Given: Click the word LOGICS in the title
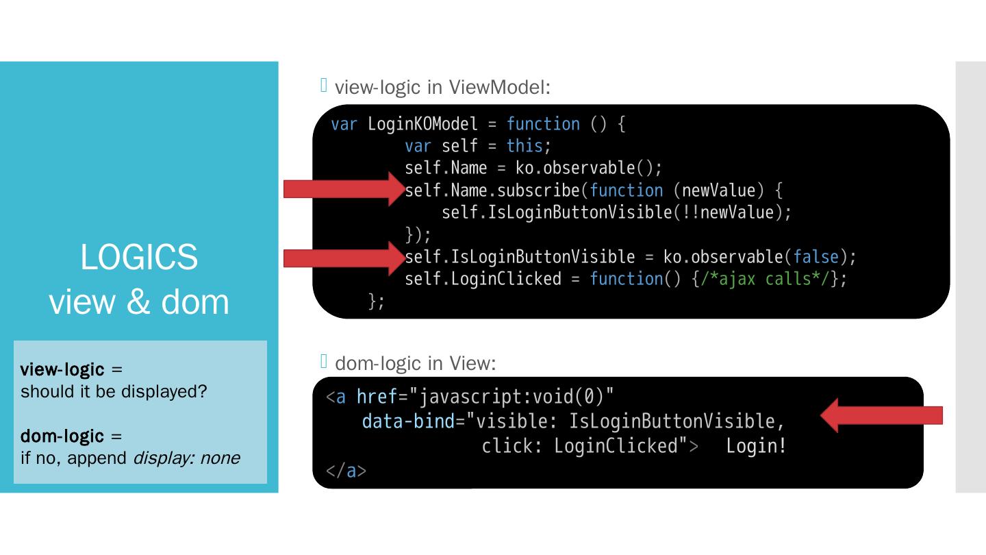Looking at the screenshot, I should pyautogui.click(x=139, y=257).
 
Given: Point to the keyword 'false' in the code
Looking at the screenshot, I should pyautogui.click(x=816, y=257).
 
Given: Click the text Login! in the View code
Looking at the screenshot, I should pyautogui.click(x=757, y=446).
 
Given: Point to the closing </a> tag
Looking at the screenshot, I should pyautogui.click(x=346, y=471).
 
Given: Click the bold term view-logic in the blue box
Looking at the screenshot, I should pyautogui.click(x=62, y=370).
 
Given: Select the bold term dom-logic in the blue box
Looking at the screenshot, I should pyautogui.click(x=62, y=436).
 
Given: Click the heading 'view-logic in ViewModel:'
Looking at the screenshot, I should pyautogui.click(x=442, y=87).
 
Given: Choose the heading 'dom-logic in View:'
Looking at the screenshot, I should pyautogui.click(x=414, y=363).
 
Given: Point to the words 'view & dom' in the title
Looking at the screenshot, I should pyautogui.click(x=139, y=301).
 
